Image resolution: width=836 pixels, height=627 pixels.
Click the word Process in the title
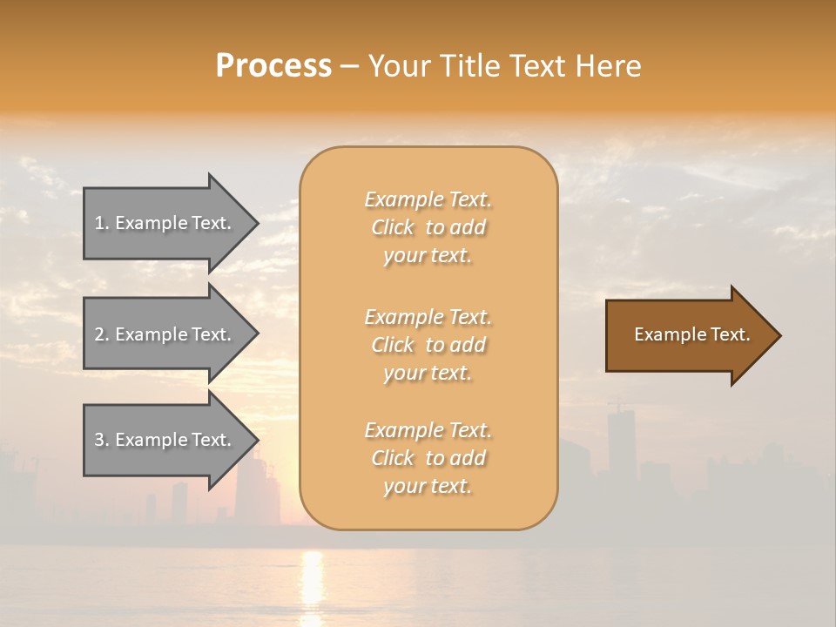point(273,66)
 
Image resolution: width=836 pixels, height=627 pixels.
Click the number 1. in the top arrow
point(101,223)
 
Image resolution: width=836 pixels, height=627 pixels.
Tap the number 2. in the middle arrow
point(101,334)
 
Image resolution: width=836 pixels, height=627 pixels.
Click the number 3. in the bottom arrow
point(101,440)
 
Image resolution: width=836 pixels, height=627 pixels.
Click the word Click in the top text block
point(392,228)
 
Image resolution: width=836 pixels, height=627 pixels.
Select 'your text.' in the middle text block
point(428,373)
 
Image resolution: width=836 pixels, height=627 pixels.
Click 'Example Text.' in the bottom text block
point(428,430)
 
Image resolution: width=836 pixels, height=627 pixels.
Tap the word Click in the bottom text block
point(392,458)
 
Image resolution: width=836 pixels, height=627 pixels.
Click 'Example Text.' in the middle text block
point(428,316)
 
